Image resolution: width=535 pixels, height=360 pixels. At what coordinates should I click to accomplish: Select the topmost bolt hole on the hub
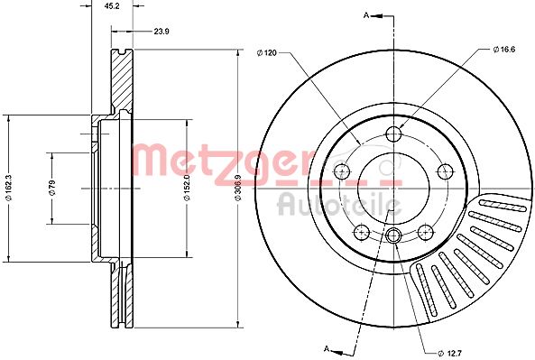393,135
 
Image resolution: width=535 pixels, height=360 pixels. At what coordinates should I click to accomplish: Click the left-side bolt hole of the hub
342,171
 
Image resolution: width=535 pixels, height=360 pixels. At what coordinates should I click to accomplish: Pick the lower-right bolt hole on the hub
424,231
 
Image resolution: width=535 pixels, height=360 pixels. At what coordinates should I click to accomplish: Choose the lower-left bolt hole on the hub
362,231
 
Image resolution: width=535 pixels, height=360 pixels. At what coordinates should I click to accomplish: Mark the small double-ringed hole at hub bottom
393,236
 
